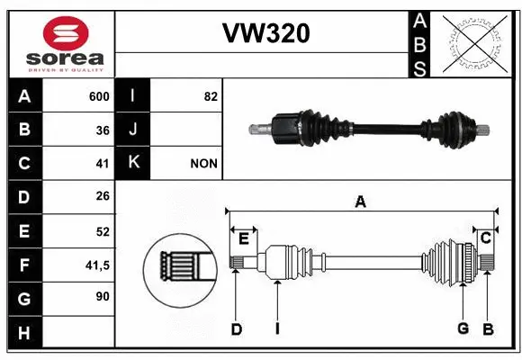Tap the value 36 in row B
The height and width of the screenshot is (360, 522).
point(103,130)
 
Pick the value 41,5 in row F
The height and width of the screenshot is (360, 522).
point(96,265)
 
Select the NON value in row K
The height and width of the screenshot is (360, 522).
point(203,164)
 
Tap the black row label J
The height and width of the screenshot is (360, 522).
point(133,130)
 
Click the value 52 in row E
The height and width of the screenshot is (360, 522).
point(103,231)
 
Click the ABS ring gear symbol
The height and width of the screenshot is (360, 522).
point(477,41)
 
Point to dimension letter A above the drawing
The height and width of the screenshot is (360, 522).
point(360,203)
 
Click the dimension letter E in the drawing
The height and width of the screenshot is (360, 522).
point(243,238)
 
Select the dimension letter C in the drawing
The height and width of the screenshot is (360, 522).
point(485,238)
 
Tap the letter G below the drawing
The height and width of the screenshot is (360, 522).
point(463,328)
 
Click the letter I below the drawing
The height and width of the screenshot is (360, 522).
point(277,328)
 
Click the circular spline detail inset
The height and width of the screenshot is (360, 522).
point(180,267)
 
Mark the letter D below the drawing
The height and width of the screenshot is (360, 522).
point(236,329)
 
